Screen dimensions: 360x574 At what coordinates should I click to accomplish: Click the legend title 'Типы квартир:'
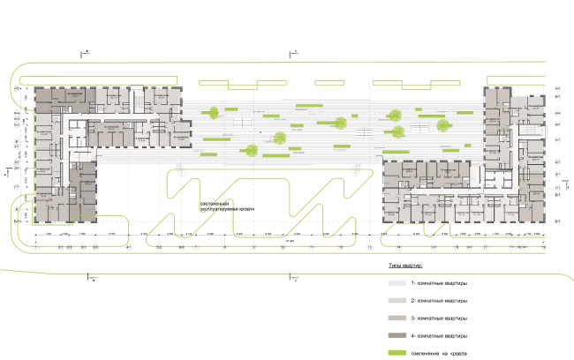406,265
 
